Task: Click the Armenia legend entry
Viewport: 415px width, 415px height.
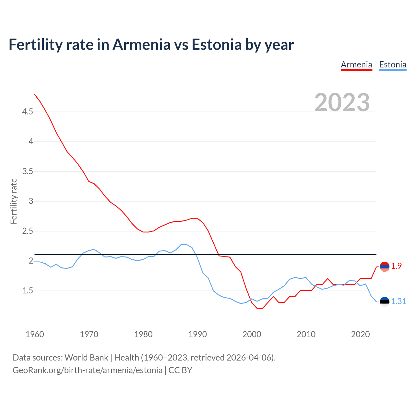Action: pyautogui.click(x=356, y=65)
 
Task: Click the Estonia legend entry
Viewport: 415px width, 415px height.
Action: pyautogui.click(x=393, y=65)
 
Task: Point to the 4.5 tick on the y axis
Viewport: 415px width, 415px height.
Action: pyautogui.click(x=28, y=112)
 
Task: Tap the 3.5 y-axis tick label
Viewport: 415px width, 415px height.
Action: pyautogui.click(x=28, y=172)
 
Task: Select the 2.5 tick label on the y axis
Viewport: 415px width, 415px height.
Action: pyautogui.click(x=28, y=231)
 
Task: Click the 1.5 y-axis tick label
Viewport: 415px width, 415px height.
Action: pyautogui.click(x=28, y=291)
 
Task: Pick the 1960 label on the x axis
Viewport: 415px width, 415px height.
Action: pyautogui.click(x=35, y=334)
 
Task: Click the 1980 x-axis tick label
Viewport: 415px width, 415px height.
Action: pyautogui.click(x=143, y=334)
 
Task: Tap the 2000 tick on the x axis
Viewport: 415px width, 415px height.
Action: pyautogui.click(x=252, y=334)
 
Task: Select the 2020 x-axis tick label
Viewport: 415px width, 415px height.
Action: pyautogui.click(x=360, y=334)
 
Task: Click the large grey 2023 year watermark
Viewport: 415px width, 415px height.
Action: pyautogui.click(x=342, y=102)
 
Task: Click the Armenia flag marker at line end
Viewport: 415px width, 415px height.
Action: pyautogui.click(x=385, y=267)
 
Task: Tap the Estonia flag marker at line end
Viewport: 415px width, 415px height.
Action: pyautogui.click(x=385, y=302)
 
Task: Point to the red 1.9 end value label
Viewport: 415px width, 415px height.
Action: pyautogui.click(x=396, y=266)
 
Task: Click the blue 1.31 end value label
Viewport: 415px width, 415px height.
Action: pyautogui.click(x=398, y=302)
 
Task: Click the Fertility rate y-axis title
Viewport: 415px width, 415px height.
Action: pyautogui.click(x=14, y=201)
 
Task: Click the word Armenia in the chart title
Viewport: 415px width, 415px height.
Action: pyautogui.click(x=141, y=44)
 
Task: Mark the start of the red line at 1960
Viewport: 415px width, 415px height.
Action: pyautogui.click(x=35, y=94)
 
